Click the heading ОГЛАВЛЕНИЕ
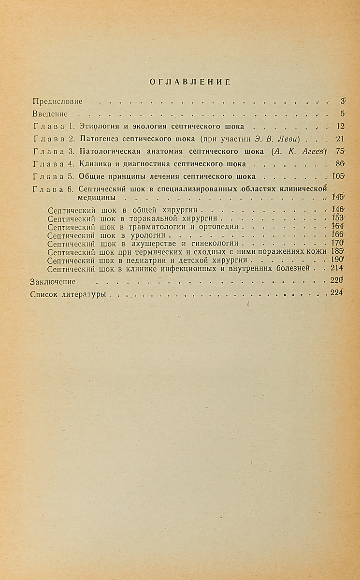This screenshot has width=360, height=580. [189, 82]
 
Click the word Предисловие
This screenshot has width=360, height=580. [57, 101]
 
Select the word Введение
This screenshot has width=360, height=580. [49, 114]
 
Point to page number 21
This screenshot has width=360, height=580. [339, 139]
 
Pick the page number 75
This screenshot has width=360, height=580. [339, 151]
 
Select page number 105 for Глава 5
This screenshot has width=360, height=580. [338, 176]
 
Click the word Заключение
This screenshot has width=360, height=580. [53, 281]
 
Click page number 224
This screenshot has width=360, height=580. [336, 293]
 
